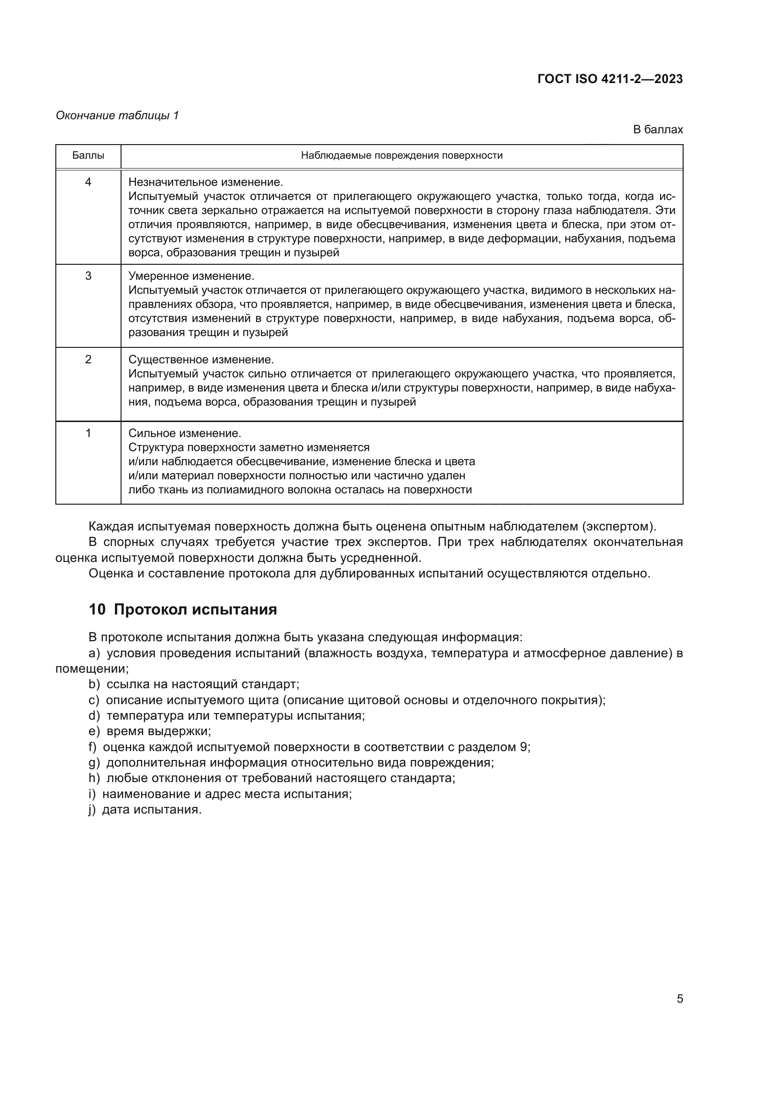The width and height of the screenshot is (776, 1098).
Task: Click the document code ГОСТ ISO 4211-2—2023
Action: (610, 79)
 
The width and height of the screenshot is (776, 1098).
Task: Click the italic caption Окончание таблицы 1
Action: (117, 115)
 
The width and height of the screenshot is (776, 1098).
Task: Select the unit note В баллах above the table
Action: (657, 130)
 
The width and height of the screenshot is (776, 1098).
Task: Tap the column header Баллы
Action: (88, 155)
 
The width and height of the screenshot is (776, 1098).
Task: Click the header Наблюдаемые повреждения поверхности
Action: (402, 155)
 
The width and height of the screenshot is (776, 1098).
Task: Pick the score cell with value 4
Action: (88, 182)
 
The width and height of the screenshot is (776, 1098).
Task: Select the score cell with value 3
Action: (88, 276)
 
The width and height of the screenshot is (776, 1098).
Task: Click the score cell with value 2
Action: (88, 359)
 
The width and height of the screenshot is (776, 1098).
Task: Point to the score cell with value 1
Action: (88, 433)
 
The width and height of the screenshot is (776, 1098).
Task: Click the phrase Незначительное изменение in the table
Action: (205, 182)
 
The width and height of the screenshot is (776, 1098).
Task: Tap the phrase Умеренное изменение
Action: (191, 276)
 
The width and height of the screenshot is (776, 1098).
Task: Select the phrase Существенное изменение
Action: (201, 359)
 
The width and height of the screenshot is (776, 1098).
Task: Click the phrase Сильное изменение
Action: (184, 433)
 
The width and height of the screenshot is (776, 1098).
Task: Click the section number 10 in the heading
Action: (97, 610)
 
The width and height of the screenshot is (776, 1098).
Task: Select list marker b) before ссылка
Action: (94, 684)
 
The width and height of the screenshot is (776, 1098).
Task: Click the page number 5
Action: (679, 999)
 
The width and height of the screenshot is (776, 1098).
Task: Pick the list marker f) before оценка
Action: (93, 747)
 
